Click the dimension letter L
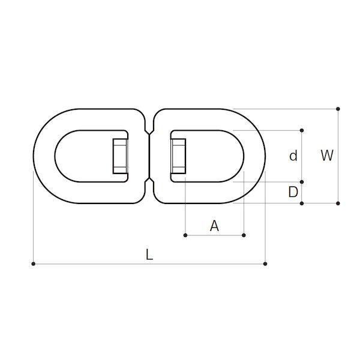[149, 255]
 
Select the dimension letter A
[214, 226]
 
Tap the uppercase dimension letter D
[293, 192]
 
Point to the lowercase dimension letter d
[293, 155]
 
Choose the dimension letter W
[327, 155]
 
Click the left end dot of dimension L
[33, 264]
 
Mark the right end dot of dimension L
[265, 264]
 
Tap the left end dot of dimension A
[185, 235]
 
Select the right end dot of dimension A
[244, 235]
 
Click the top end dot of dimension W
[338, 109]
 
